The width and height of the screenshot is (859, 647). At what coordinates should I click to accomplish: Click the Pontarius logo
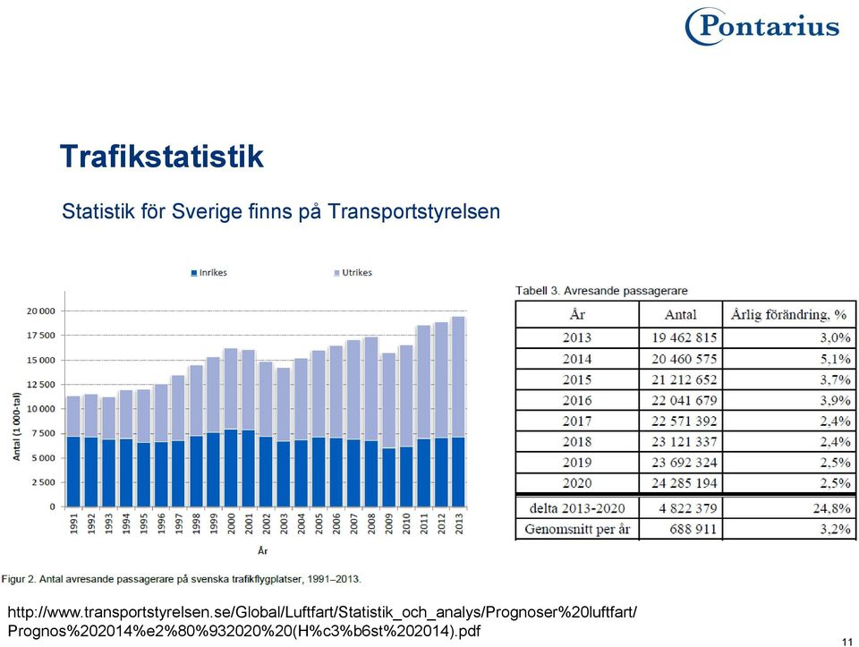click(762, 26)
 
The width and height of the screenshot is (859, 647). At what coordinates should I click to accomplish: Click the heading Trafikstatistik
click(162, 156)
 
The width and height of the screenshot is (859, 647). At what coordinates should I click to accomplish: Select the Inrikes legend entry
click(208, 273)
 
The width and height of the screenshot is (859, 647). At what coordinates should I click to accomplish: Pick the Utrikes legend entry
click(353, 273)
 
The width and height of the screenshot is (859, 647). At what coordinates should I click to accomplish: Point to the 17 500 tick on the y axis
click(41, 336)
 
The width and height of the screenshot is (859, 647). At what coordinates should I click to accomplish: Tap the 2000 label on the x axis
click(231, 524)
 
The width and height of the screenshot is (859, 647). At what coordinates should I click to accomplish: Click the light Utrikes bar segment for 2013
click(458, 377)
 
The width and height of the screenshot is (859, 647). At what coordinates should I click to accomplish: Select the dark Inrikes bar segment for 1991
click(73, 472)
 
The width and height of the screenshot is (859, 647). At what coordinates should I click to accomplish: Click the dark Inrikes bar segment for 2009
click(388, 477)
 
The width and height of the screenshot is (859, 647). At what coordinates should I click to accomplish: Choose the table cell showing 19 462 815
click(684, 337)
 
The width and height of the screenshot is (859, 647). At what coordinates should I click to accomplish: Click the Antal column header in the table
click(680, 314)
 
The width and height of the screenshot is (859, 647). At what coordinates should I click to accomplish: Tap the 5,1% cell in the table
click(835, 359)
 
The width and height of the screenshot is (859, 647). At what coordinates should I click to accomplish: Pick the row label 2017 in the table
click(577, 421)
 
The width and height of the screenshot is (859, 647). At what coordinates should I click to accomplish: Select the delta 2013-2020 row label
click(577, 508)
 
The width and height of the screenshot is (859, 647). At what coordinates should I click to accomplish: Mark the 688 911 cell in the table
click(693, 529)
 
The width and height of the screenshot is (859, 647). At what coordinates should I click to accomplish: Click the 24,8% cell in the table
click(831, 508)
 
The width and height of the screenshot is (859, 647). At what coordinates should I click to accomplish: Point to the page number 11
click(847, 642)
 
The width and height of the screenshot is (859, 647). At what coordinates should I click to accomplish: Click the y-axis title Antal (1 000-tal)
click(16, 427)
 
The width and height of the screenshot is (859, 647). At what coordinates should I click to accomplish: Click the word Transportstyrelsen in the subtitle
click(414, 211)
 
